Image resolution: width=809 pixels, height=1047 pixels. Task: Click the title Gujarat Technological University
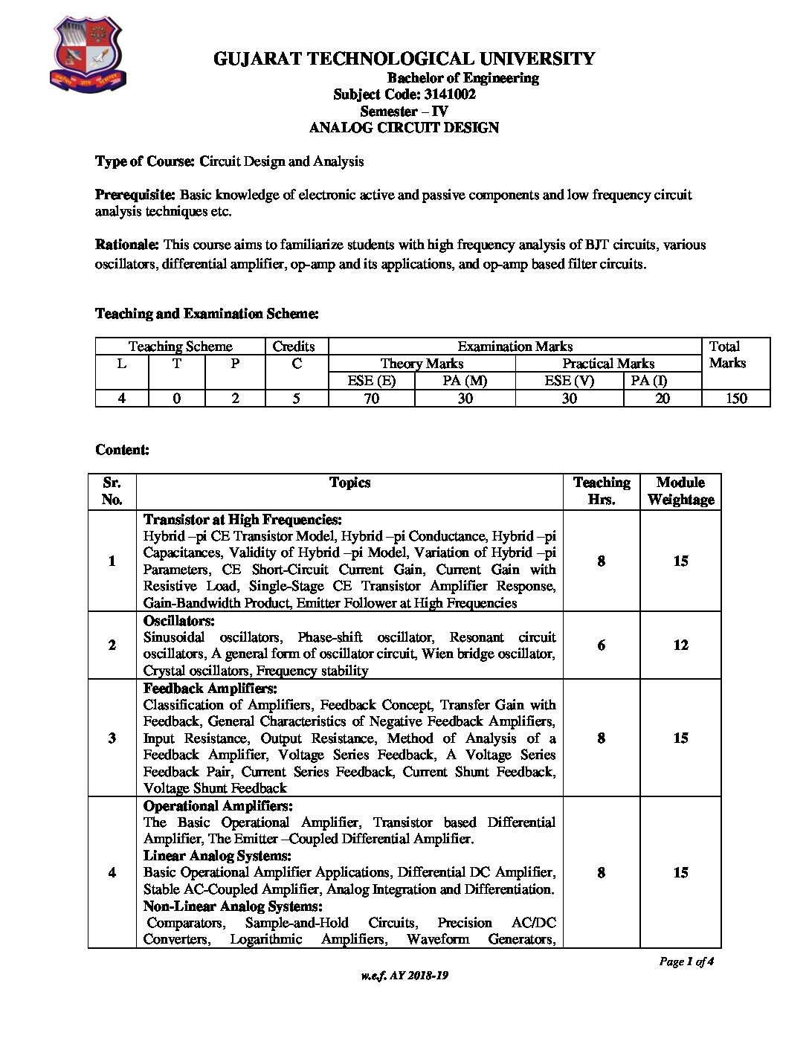click(404, 59)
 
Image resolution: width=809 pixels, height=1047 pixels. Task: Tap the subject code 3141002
click(449, 94)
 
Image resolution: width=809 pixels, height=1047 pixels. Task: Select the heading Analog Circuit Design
click(404, 128)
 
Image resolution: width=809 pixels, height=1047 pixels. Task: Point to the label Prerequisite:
click(135, 195)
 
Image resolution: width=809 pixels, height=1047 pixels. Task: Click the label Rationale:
click(127, 245)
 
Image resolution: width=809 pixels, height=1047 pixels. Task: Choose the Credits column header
click(294, 347)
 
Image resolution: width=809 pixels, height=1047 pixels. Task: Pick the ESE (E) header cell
click(371, 381)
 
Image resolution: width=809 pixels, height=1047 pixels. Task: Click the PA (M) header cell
click(465, 381)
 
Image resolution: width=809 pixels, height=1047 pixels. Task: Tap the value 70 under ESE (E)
click(371, 399)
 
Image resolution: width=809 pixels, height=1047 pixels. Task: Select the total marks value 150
click(736, 399)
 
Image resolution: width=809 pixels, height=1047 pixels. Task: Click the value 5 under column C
click(297, 399)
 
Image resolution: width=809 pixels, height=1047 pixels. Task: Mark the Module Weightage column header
click(680, 491)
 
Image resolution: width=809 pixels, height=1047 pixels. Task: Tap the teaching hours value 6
click(601, 645)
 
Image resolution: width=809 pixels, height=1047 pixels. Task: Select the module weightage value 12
click(680, 645)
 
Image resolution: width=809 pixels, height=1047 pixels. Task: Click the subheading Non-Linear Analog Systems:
click(233, 906)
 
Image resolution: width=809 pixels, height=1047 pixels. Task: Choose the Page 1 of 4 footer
click(686, 962)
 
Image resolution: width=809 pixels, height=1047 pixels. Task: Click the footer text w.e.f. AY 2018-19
click(404, 976)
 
